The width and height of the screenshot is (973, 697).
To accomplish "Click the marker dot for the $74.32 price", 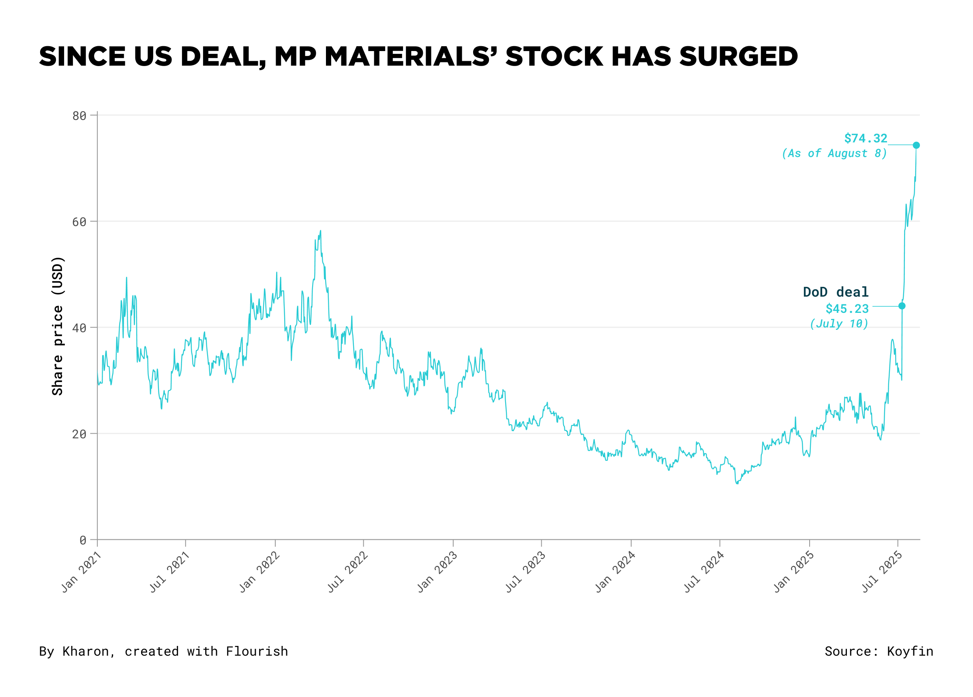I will click(916, 145).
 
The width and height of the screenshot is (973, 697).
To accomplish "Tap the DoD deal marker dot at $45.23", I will click(902, 306).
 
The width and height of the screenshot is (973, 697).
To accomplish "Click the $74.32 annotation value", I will click(865, 138).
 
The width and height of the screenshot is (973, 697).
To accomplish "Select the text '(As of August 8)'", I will click(834, 153).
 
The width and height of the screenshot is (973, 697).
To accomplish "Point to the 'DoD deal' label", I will click(835, 292).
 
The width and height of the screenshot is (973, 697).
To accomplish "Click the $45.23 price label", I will click(847, 308).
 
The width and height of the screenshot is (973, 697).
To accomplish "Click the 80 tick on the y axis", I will click(79, 116).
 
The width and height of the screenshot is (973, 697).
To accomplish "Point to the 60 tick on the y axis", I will click(79, 222).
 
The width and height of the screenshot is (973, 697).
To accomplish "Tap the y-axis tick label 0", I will click(83, 540).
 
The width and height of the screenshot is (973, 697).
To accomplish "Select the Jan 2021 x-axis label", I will click(81, 572).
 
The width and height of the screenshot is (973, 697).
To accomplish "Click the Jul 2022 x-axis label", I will click(347, 572).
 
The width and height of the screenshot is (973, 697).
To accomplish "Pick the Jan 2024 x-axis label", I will click(615, 572).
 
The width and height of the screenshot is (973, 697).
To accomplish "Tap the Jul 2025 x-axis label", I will click(882, 572).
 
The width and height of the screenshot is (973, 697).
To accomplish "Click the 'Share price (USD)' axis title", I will click(58, 326).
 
